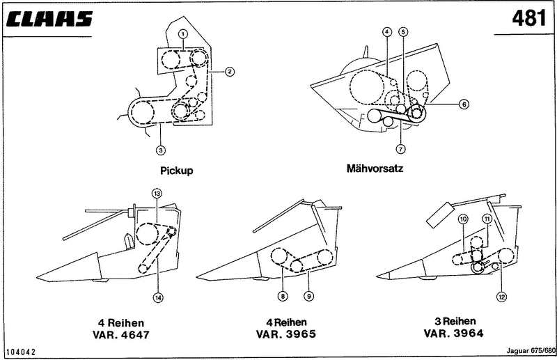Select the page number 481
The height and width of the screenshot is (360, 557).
528,19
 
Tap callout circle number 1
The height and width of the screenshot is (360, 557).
182,33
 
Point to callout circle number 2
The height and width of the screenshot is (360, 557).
229,70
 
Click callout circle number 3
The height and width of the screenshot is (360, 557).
161,148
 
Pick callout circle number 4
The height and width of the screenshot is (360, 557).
386,33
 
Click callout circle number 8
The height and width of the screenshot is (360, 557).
283,296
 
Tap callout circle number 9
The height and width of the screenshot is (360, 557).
308,296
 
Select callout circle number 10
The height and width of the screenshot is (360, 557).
462,219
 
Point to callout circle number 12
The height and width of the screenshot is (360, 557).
501,296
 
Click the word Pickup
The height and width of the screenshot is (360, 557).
176,170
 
